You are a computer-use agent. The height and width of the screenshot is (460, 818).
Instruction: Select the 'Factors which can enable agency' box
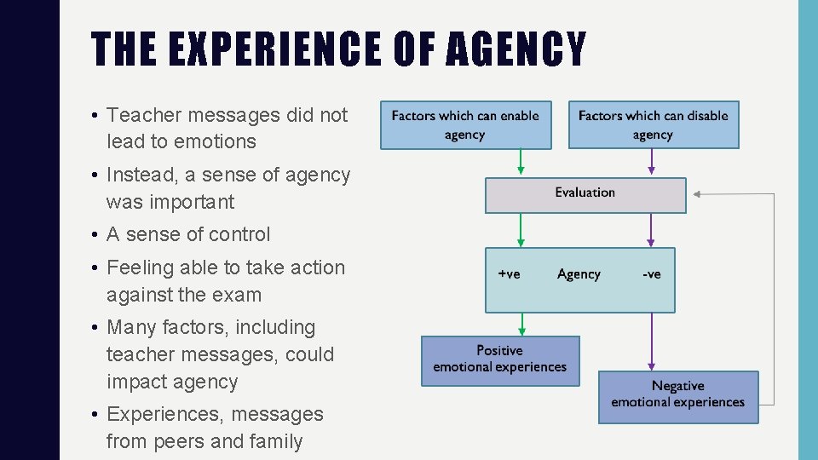(x=465, y=125)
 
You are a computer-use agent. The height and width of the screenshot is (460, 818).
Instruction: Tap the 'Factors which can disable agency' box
(x=653, y=125)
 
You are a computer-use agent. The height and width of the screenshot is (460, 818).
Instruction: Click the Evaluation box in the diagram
(x=585, y=194)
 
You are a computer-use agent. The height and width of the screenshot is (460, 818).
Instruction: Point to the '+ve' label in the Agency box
(x=509, y=274)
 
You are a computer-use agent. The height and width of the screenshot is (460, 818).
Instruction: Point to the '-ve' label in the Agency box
(x=652, y=274)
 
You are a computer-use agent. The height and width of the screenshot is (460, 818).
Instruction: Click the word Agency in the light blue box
(x=579, y=274)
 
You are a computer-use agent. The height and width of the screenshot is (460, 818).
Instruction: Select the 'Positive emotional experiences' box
(x=499, y=359)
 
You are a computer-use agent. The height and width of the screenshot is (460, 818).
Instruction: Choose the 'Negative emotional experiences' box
(x=677, y=395)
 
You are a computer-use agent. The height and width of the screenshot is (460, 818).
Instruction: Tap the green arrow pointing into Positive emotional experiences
(x=522, y=325)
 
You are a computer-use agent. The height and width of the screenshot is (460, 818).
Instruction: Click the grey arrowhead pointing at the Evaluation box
(x=696, y=194)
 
